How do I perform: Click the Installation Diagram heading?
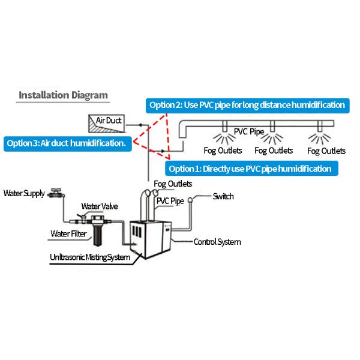pyautogui.click(x=63, y=95)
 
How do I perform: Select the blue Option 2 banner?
pyautogui.click(x=247, y=105)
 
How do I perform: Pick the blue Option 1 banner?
pyautogui.click(x=250, y=169)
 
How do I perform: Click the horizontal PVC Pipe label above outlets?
pyautogui.click(x=248, y=131)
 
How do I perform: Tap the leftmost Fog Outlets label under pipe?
pyautogui.click(x=223, y=150)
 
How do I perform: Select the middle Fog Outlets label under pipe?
pyautogui.click(x=274, y=150)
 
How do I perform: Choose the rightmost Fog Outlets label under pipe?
pyautogui.click(x=326, y=150)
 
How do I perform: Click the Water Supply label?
pyautogui.click(x=24, y=193)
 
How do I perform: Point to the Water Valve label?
pyautogui.click(x=100, y=206)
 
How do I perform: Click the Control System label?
pyautogui.click(x=217, y=242)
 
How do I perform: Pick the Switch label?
pyautogui.click(x=223, y=196)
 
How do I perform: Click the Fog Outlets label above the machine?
pyautogui.click(x=173, y=184)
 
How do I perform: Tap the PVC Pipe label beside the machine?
pyautogui.click(x=170, y=201)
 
